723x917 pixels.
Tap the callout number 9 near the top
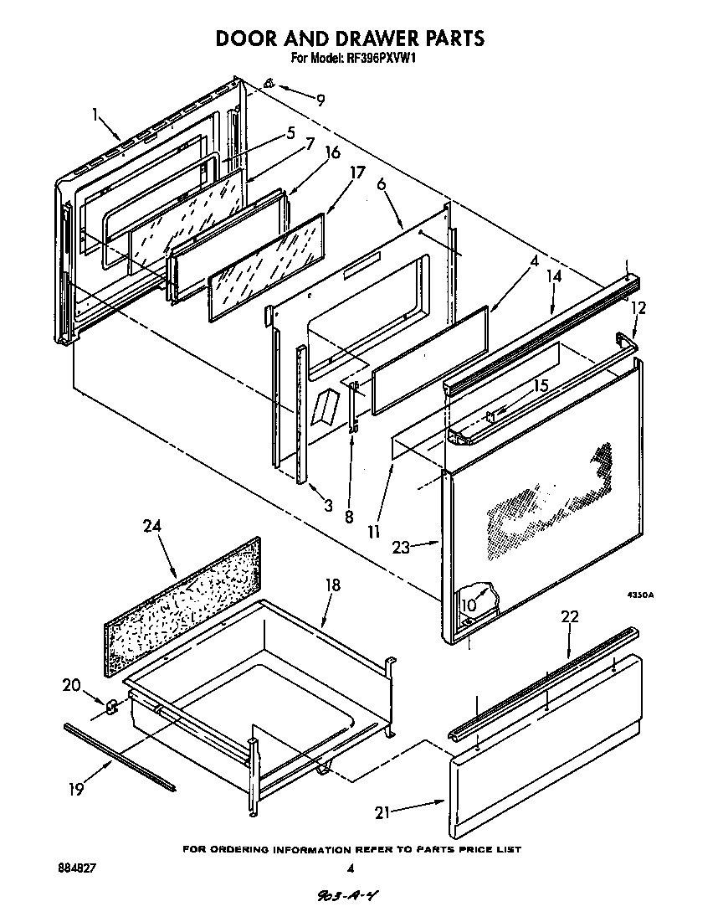[320, 100]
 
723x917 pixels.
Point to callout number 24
[151, 526]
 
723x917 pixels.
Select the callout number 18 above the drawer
[333, 585]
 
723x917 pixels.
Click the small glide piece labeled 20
[110, 706]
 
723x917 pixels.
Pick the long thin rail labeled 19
[119, 757]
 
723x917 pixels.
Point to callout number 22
[569, 616]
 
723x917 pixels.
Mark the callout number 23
[402, 548]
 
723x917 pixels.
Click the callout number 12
[638, 308]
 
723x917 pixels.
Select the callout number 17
[357, 173]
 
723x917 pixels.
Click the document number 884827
[78, 869]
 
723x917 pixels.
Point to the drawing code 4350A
[640, 595]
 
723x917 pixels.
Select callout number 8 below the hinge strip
[349, 517]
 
